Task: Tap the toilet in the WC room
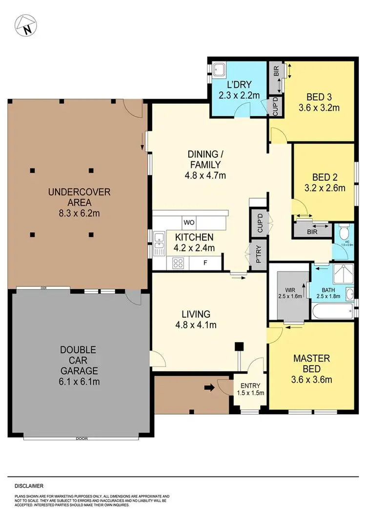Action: point(345,231)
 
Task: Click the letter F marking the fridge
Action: point(204,263)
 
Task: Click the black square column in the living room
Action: point(239,346)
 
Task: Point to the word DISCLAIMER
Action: point(29,486)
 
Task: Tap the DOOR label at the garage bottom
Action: point(81,438)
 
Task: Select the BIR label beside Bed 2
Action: point(312,232)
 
